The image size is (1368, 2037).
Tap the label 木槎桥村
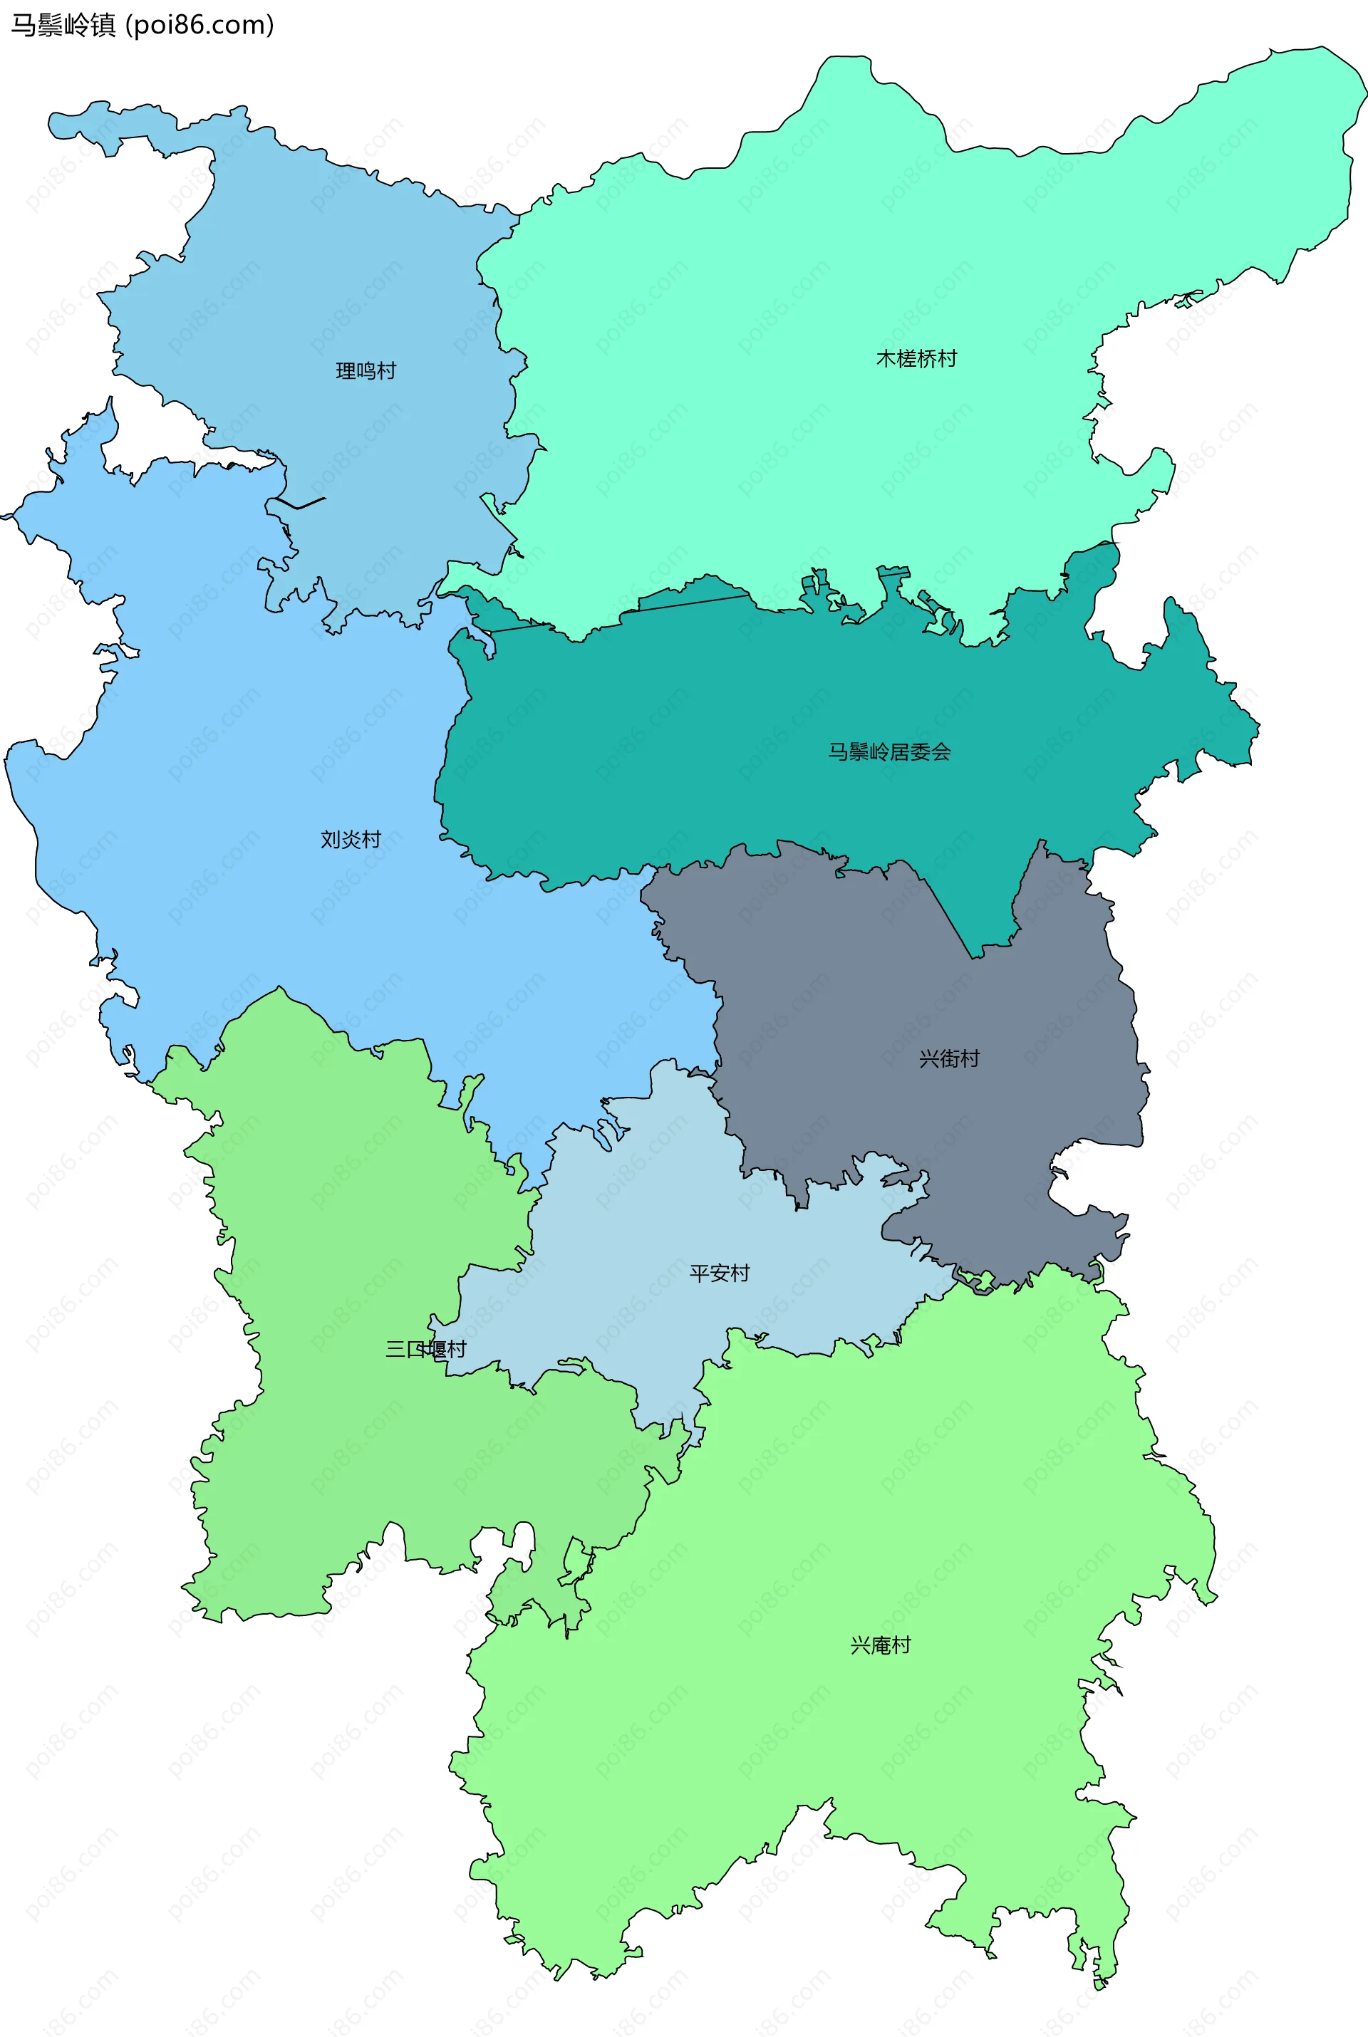[916, 359]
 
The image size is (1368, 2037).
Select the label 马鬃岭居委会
[889, 751]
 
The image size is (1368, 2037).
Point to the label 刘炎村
[351, 840]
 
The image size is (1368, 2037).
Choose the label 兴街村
[949, 1058]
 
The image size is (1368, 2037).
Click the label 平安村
[720, 1273]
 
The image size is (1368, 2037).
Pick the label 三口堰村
[426, 1350]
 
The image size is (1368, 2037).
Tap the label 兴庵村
[881, 1645]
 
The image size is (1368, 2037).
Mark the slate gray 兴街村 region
[872, 1003]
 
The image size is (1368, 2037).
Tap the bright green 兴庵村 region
[785, 1744]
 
